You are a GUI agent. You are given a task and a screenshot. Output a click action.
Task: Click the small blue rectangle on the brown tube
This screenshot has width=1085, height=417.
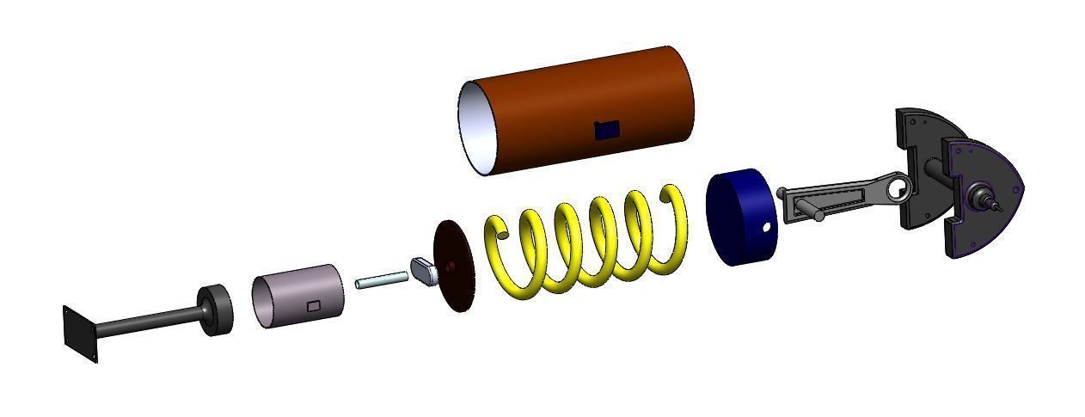pos(607,130)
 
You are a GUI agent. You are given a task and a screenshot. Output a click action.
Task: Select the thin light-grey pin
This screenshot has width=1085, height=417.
pos(381,279)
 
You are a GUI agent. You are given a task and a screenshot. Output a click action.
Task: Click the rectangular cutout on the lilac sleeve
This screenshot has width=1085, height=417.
pos(314,305)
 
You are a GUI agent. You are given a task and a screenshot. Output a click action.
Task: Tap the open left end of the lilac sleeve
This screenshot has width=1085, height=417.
pos(265,302)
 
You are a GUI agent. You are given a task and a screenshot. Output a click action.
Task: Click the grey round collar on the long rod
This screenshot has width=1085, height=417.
pos(217,310)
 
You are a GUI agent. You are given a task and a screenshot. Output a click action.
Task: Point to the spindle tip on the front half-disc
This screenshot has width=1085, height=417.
pos(997,206)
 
